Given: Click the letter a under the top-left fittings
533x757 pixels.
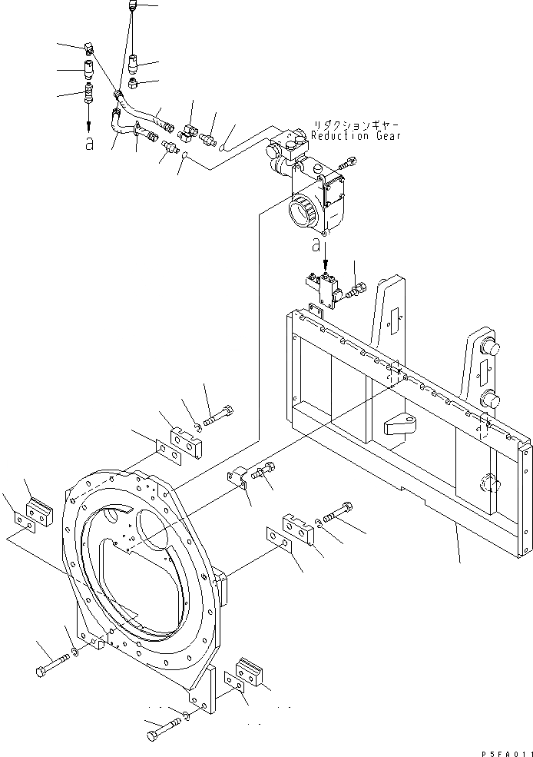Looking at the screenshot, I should [x=89, y=143].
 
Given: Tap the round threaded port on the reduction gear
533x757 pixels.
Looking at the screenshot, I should [x=301, y=209].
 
